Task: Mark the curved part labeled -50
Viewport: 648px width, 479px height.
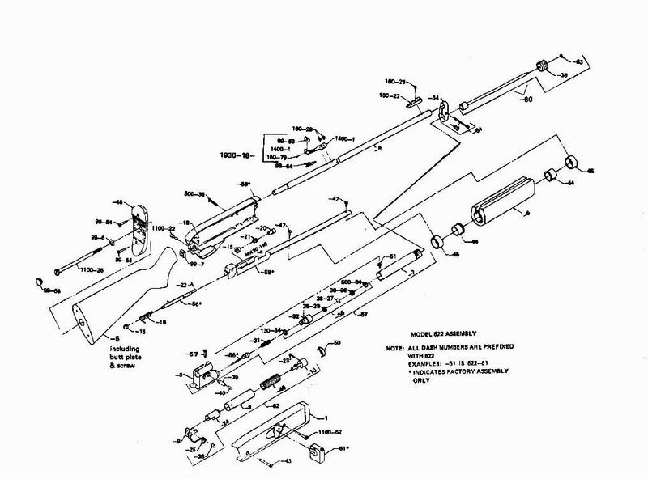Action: click(323, 351)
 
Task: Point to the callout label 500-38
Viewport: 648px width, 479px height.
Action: click(194, 194)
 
